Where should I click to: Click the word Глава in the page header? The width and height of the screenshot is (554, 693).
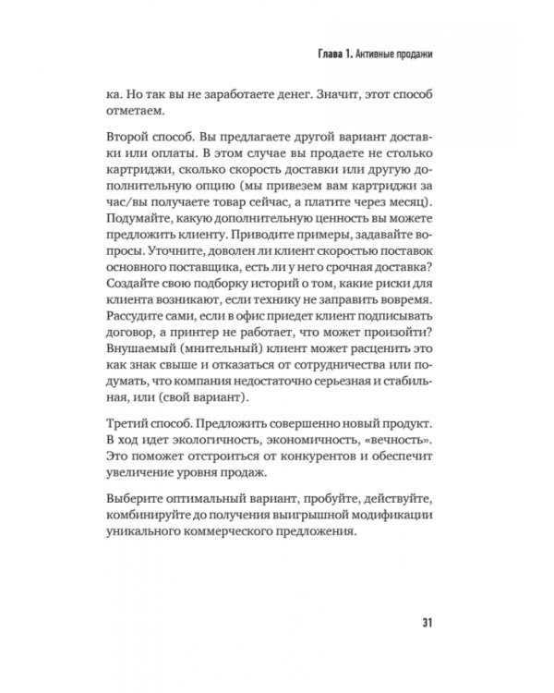(324, 54)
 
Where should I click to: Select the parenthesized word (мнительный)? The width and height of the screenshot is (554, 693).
(241, 384)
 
